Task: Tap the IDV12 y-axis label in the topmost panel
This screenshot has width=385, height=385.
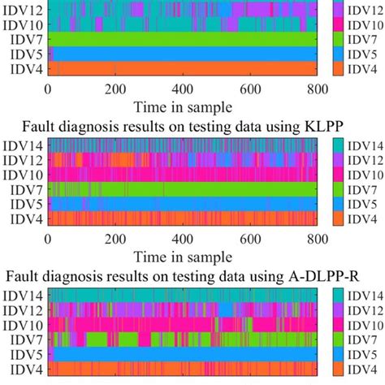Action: [24, 8]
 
